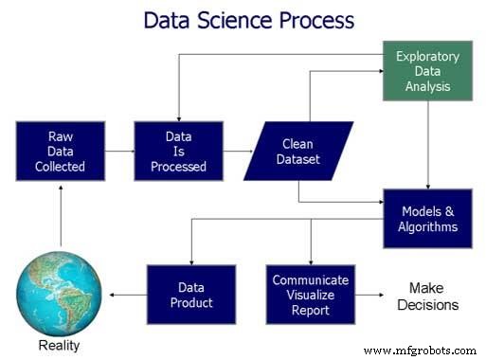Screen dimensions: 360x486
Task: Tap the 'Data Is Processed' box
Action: click(x=178, y=151)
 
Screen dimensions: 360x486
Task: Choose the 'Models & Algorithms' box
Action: click(x=428, y=218)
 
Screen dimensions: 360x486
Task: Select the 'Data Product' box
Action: click(x=191, y=295)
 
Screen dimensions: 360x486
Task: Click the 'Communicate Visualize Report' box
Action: click(x=310, y=295)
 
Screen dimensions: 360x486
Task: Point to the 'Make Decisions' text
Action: click(x=433, y=296)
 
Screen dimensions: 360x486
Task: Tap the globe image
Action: click(x=59, y=288)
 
